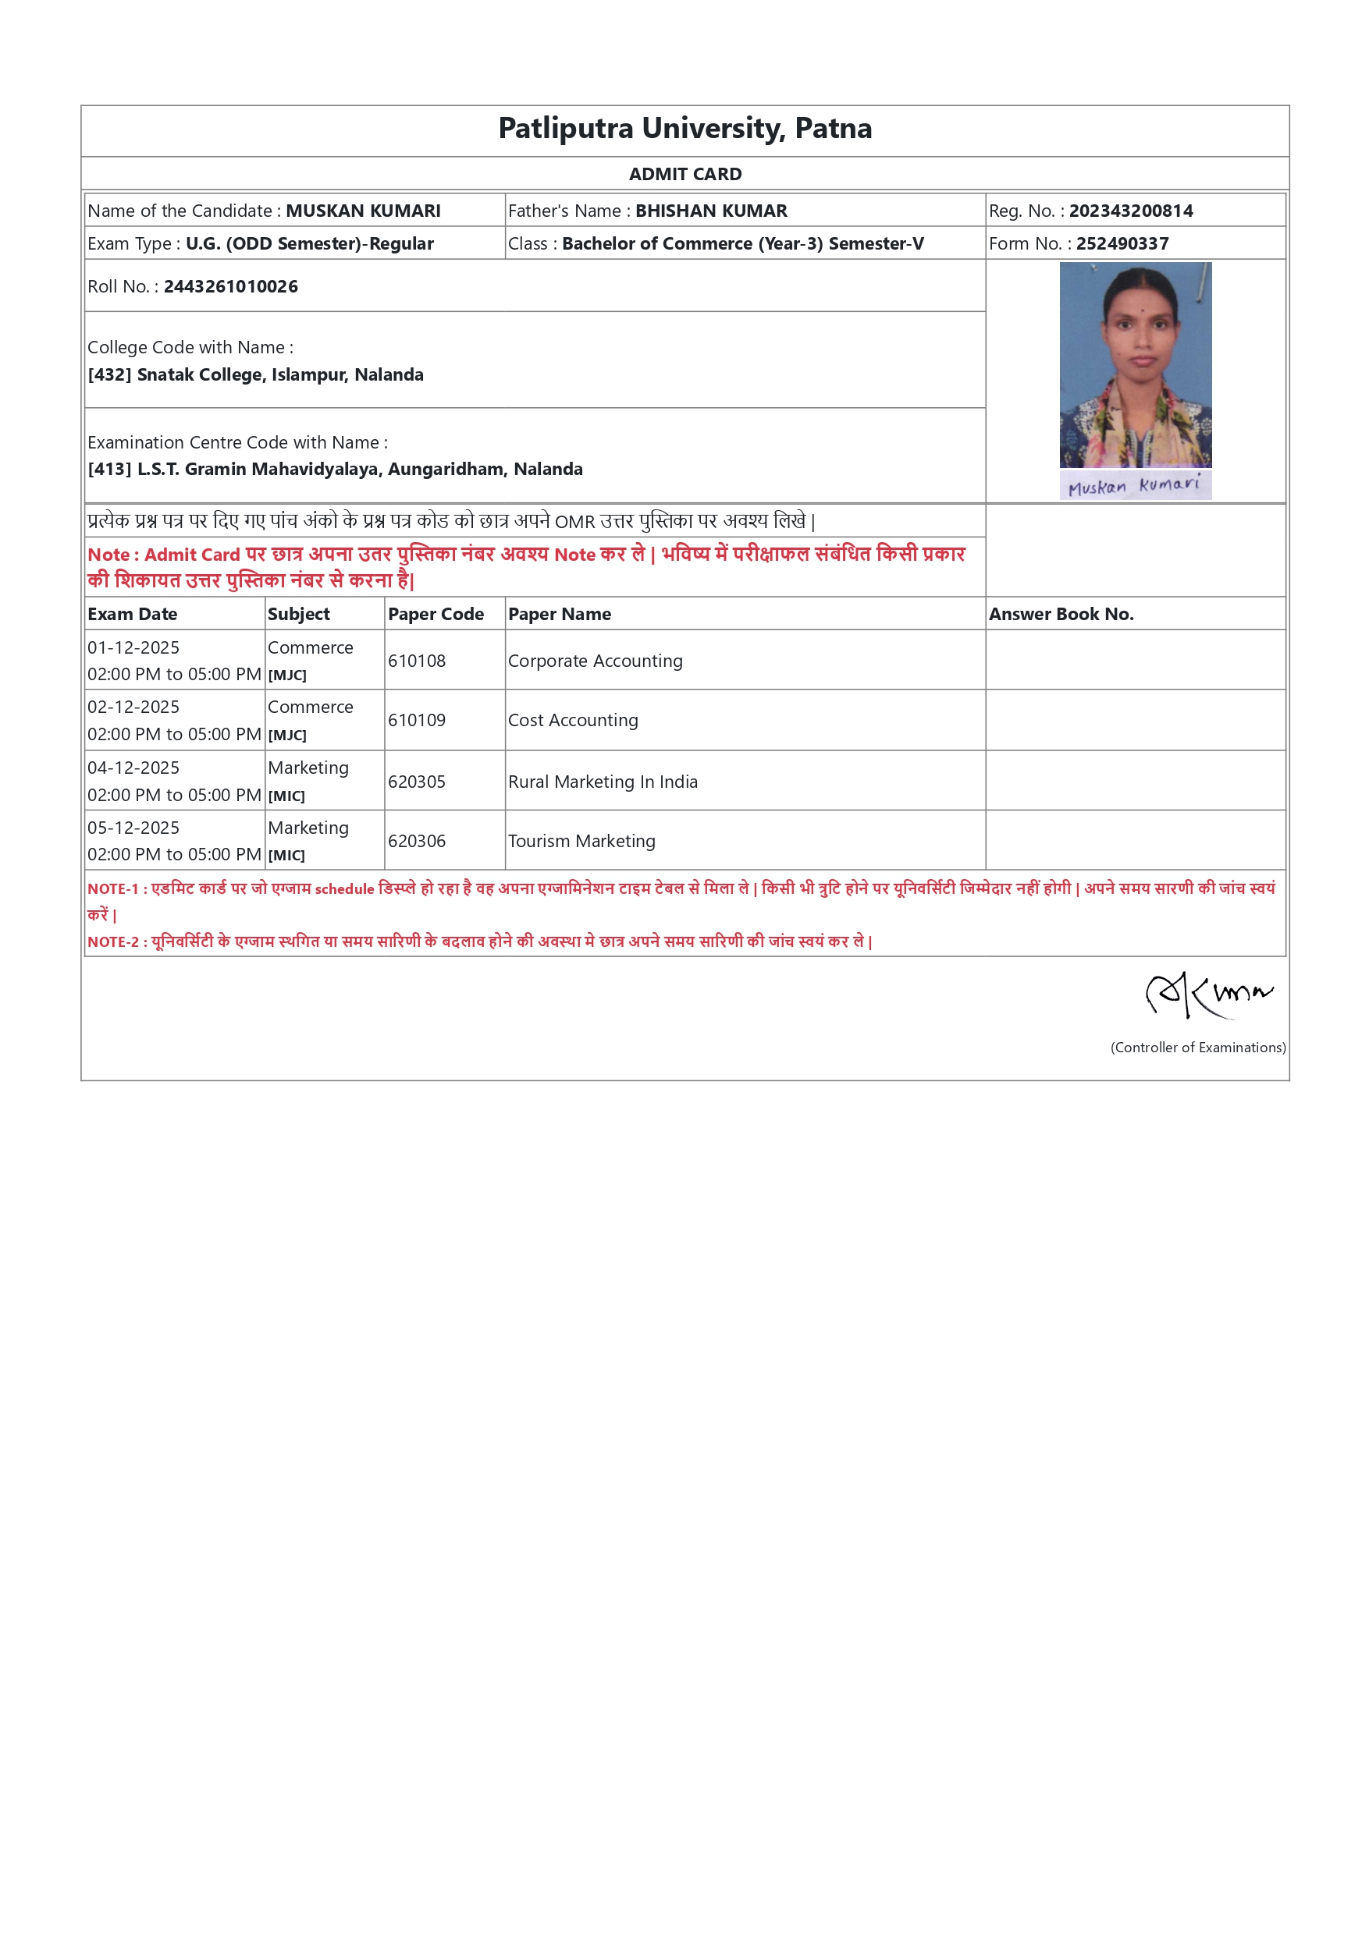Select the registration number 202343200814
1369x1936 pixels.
click(1130, 211)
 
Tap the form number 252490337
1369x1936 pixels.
click(1122, 243)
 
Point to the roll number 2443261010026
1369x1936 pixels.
click(230, 287)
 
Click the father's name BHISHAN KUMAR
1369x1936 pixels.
click(710, 211)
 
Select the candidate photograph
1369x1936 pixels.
click(1135, 364)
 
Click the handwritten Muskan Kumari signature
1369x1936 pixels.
click(1135, 486)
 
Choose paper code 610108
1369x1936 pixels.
click(417, 661)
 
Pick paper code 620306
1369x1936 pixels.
click(417, 841)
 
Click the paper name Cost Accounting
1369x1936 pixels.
click(573, 720)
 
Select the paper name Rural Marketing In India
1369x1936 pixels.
click(603, 782)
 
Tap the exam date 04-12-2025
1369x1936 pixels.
click(133, 768)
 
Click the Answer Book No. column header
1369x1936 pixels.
click(1060, 614)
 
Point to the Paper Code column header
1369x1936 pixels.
click(436, 614)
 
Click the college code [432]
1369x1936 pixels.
click(109, 375)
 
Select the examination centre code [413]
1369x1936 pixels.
click(109, 470)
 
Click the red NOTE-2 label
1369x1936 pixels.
click(113, 941)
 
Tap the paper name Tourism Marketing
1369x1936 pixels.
click(581, 841)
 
